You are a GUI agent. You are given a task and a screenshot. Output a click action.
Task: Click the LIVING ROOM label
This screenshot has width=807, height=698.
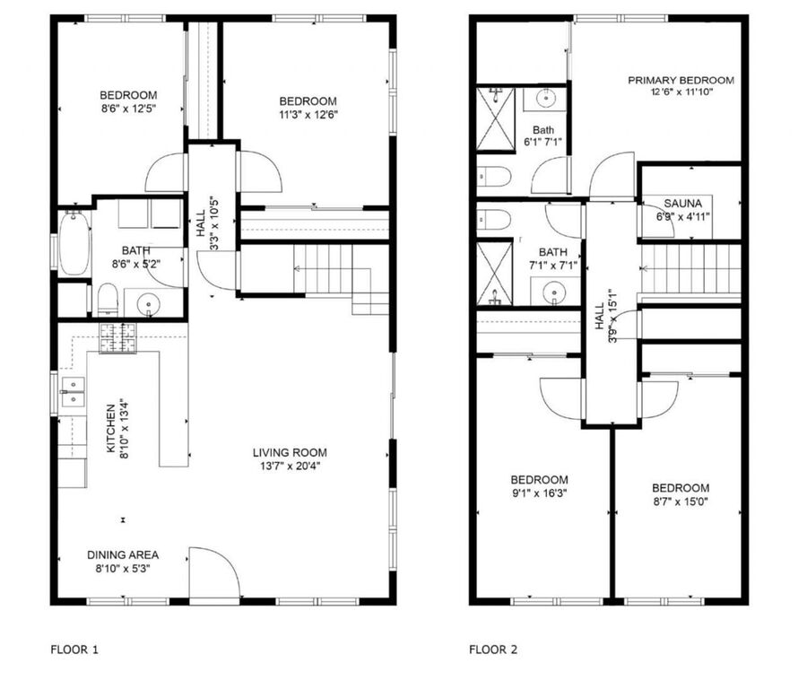click(x=290, y=453)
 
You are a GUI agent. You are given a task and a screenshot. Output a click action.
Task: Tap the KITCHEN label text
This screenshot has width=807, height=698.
click(x=110, y=429)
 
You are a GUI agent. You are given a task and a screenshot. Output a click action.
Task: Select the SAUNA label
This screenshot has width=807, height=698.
click(x=682, y=204)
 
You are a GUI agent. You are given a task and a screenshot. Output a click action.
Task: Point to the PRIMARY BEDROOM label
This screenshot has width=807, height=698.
click(x=681, y=81)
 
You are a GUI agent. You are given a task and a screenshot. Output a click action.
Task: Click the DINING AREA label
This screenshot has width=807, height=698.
click(x=123, y=555)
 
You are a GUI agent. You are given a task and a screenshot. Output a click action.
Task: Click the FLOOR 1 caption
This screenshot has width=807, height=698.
click(x=74, y=650)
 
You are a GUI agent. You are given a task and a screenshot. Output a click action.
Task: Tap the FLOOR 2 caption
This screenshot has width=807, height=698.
click(x=493, y=650)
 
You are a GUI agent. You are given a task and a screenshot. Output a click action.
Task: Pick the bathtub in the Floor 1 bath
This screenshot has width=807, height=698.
click(x=74, y=243)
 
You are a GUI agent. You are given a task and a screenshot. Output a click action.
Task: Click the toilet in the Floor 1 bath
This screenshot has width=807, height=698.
click(x=108, y=300)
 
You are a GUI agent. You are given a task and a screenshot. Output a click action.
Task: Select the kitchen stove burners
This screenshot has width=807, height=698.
click(x=118, y=338)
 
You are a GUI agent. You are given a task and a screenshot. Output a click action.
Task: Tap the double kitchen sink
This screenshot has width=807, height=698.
click(x=73, y=391)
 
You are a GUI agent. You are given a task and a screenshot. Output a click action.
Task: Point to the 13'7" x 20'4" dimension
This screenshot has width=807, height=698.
click(x=290, y=467)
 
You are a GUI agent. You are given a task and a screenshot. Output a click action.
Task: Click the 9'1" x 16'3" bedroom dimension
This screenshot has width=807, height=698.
click(x=540, y=493)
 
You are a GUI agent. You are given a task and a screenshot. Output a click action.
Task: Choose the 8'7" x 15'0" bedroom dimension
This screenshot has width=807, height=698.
click(x=681, y=502)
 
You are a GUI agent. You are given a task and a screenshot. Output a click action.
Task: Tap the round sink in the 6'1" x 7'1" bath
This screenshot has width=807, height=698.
click(x=545, y=98)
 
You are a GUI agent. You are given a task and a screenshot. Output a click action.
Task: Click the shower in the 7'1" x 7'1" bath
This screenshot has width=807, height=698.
click(x=495, y=274)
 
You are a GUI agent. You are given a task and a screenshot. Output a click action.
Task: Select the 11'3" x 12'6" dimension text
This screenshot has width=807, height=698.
click(x=308, y=115)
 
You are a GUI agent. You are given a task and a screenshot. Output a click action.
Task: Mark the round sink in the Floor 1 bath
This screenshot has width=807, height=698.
click(x=148, y=303)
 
